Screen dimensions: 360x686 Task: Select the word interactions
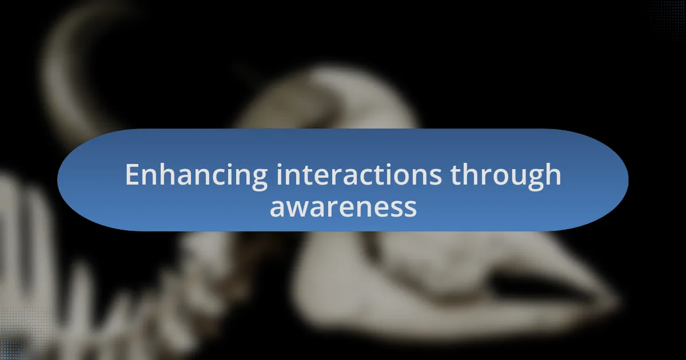point(358,175)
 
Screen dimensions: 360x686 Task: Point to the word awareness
point(343,207)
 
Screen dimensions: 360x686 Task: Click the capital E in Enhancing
point(133,175)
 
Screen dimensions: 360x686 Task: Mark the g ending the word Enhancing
point(258,178)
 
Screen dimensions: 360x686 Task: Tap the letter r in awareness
point(335,207)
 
